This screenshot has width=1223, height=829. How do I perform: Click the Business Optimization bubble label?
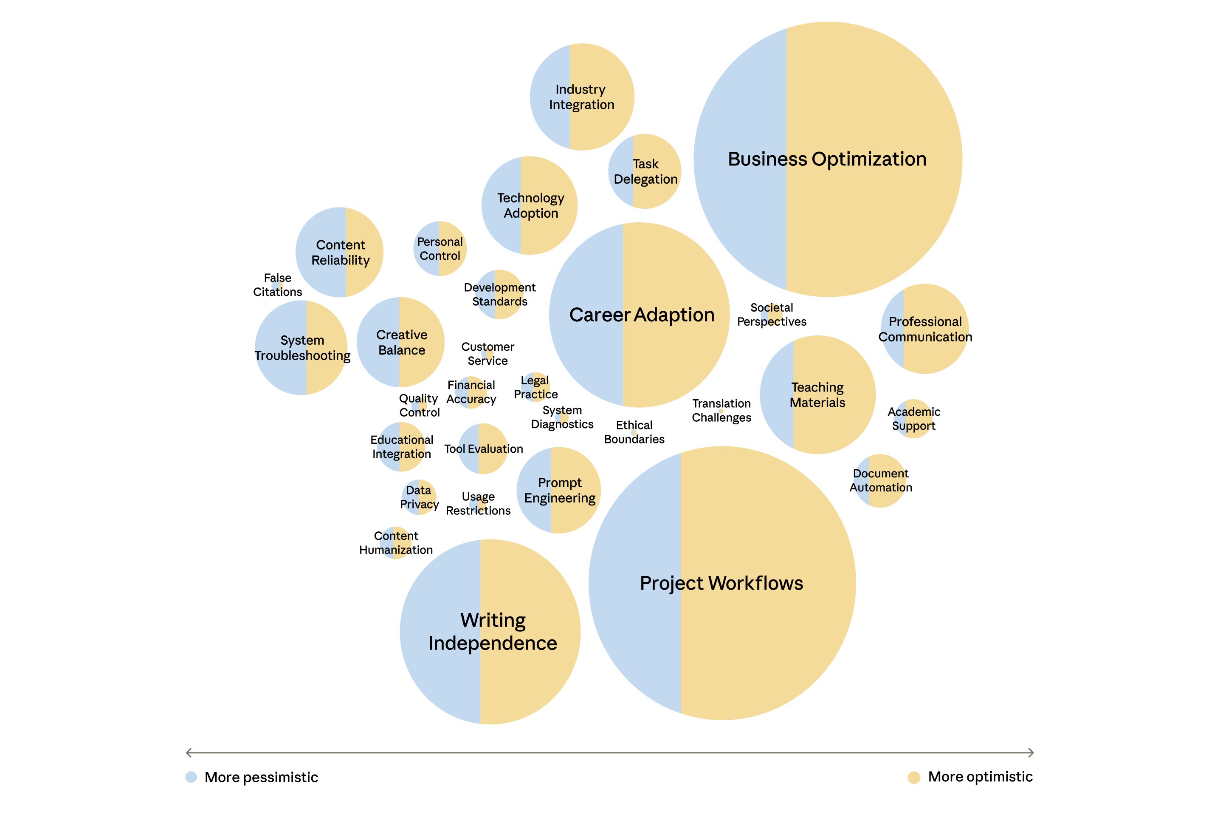(x=827, y=159)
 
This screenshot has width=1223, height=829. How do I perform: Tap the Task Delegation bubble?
(x=645, y=171)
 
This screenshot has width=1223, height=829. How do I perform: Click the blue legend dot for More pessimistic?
(x=191, y=777)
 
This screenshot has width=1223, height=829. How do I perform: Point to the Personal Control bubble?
(x=440, y=249)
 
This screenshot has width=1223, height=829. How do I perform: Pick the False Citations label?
(x=277, y=284)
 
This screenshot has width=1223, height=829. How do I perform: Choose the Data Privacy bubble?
(x=419, y=497)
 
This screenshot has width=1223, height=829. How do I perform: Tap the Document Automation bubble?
(x=880, y=480)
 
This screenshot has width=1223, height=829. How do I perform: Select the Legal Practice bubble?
(x=535, y=387)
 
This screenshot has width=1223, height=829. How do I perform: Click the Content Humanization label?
(x=396, y=542)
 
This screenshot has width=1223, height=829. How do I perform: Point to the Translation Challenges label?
(x=721, y=410)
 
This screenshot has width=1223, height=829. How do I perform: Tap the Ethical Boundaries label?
(x=634, y=432)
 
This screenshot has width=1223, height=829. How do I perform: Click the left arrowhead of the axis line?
(x=188, y=752)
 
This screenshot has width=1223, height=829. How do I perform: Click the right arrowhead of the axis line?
(x=1032, y=752)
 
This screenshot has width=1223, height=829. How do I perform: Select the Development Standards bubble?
(x=499, y=295)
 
